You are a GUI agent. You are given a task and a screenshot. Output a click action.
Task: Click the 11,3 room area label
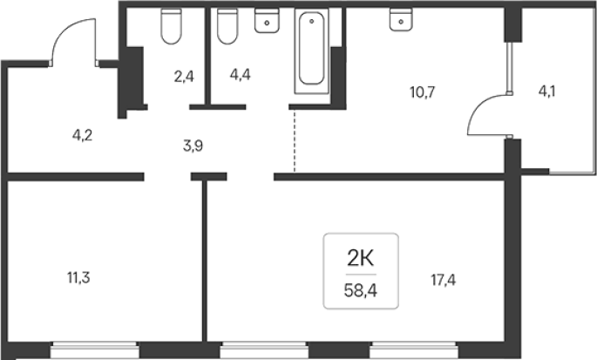click(78, 278)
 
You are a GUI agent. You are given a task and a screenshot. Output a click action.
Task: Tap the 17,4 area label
click(444, 281)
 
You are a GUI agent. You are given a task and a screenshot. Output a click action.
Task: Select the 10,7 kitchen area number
click(422, 92)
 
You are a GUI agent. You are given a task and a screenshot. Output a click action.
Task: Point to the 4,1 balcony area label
click(546, 92)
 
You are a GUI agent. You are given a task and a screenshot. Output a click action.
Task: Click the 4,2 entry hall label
click(82, 135)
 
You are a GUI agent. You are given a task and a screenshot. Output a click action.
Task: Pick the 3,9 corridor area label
click(193, 146)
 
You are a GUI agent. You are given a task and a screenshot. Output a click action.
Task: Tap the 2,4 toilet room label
click(184, 77)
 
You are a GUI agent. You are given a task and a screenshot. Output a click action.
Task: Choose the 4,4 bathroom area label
click(241, 75)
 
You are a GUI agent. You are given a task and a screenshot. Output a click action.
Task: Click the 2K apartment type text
click(361, 259)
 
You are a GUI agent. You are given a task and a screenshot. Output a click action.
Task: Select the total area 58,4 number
click(361, 291)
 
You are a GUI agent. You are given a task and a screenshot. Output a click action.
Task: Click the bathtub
click(311, 51)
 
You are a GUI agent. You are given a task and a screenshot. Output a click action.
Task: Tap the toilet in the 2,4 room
click(171, 26)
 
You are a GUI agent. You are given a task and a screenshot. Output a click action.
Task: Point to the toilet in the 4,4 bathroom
click(227, 26)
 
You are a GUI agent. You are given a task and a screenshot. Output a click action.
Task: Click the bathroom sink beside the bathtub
click(267, 21)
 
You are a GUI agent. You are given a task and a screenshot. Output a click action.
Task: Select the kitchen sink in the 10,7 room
click(401, 19)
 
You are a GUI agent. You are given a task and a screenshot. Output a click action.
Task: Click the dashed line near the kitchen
click(294, 141)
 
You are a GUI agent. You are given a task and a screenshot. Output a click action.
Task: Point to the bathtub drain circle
click(311, 21)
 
